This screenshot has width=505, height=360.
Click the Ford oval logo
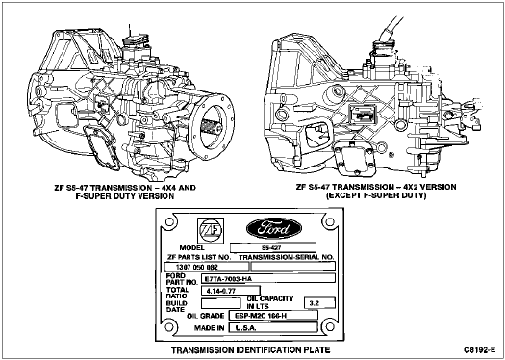pyautogui.click(x=274, y=228)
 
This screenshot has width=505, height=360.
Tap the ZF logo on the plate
pyautogui.click(x=211, y=229)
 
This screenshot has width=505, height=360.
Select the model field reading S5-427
pyautogui.click(x=273, y=247)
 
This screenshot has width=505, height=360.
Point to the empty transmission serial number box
pyautogui.click(x=293, y=267)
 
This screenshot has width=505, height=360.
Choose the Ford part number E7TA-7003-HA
pyautogui.click(x=268, y=278)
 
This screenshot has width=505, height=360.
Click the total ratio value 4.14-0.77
pyautogui.click(x=230, y=291)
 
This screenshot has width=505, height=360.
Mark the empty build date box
pyautogui.click(x=220, y=303)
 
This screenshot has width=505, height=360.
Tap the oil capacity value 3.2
pyautogui.click(x=319, y=303)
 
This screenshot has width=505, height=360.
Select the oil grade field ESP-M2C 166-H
pyautogui.click(x=273, y=315)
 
